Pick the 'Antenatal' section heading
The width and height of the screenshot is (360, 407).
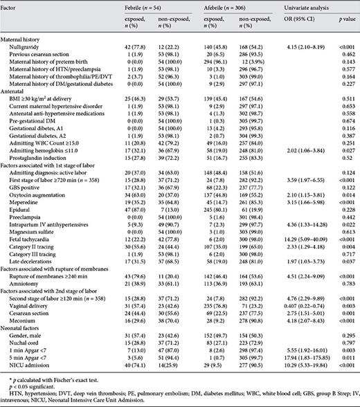coord(15,91)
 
